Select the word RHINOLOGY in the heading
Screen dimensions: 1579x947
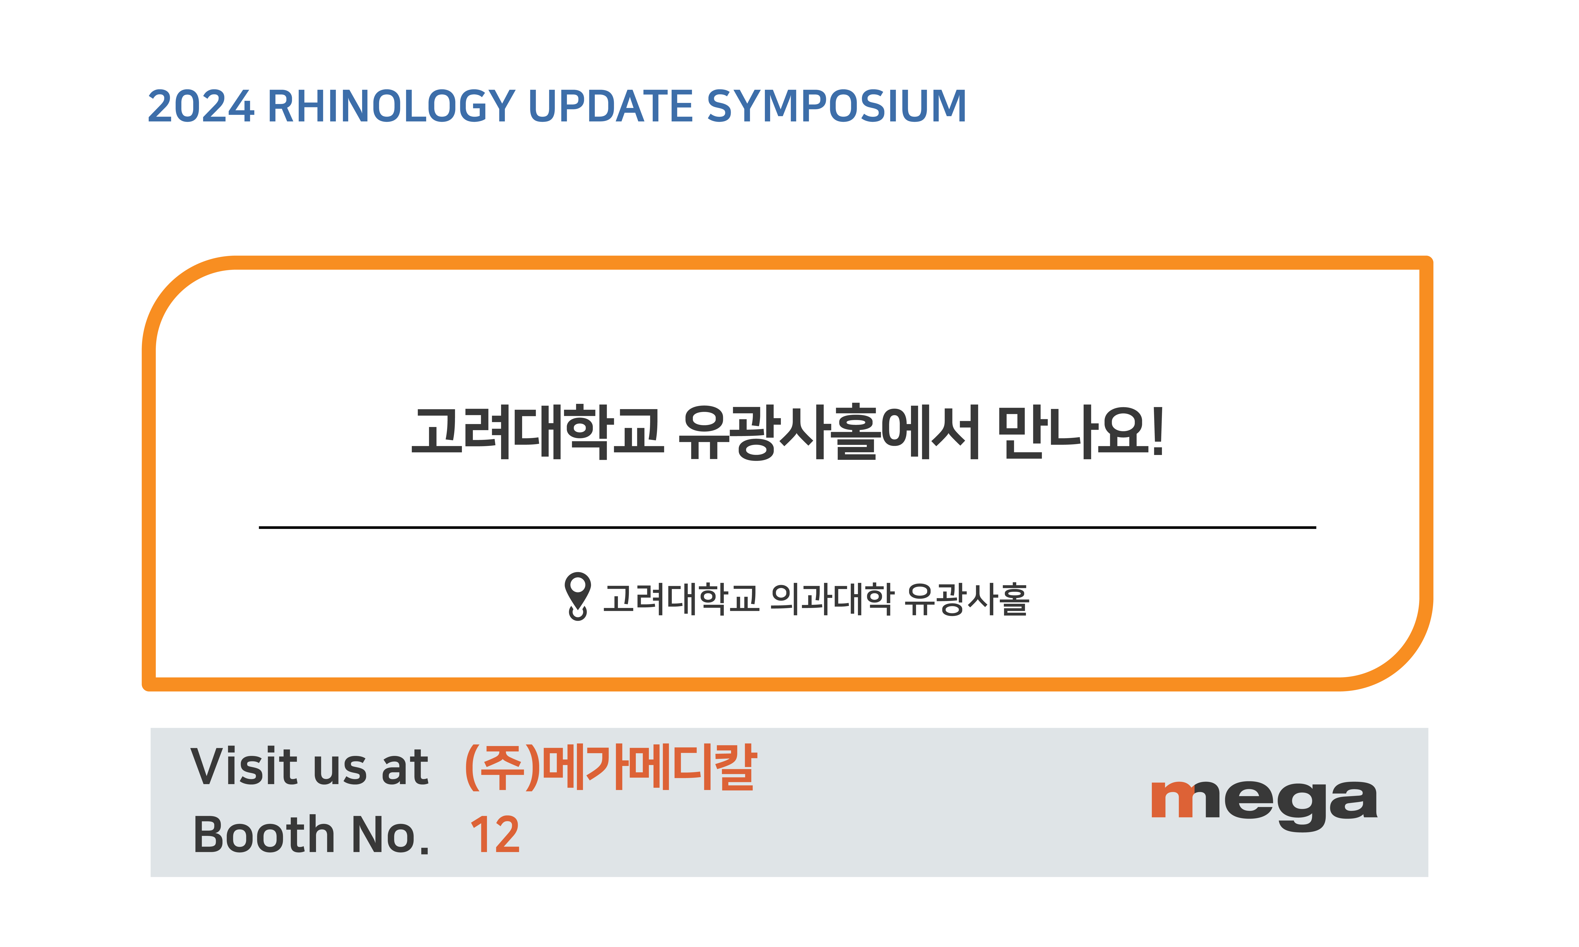point(391,106)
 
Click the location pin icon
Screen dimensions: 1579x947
point(578,595)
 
